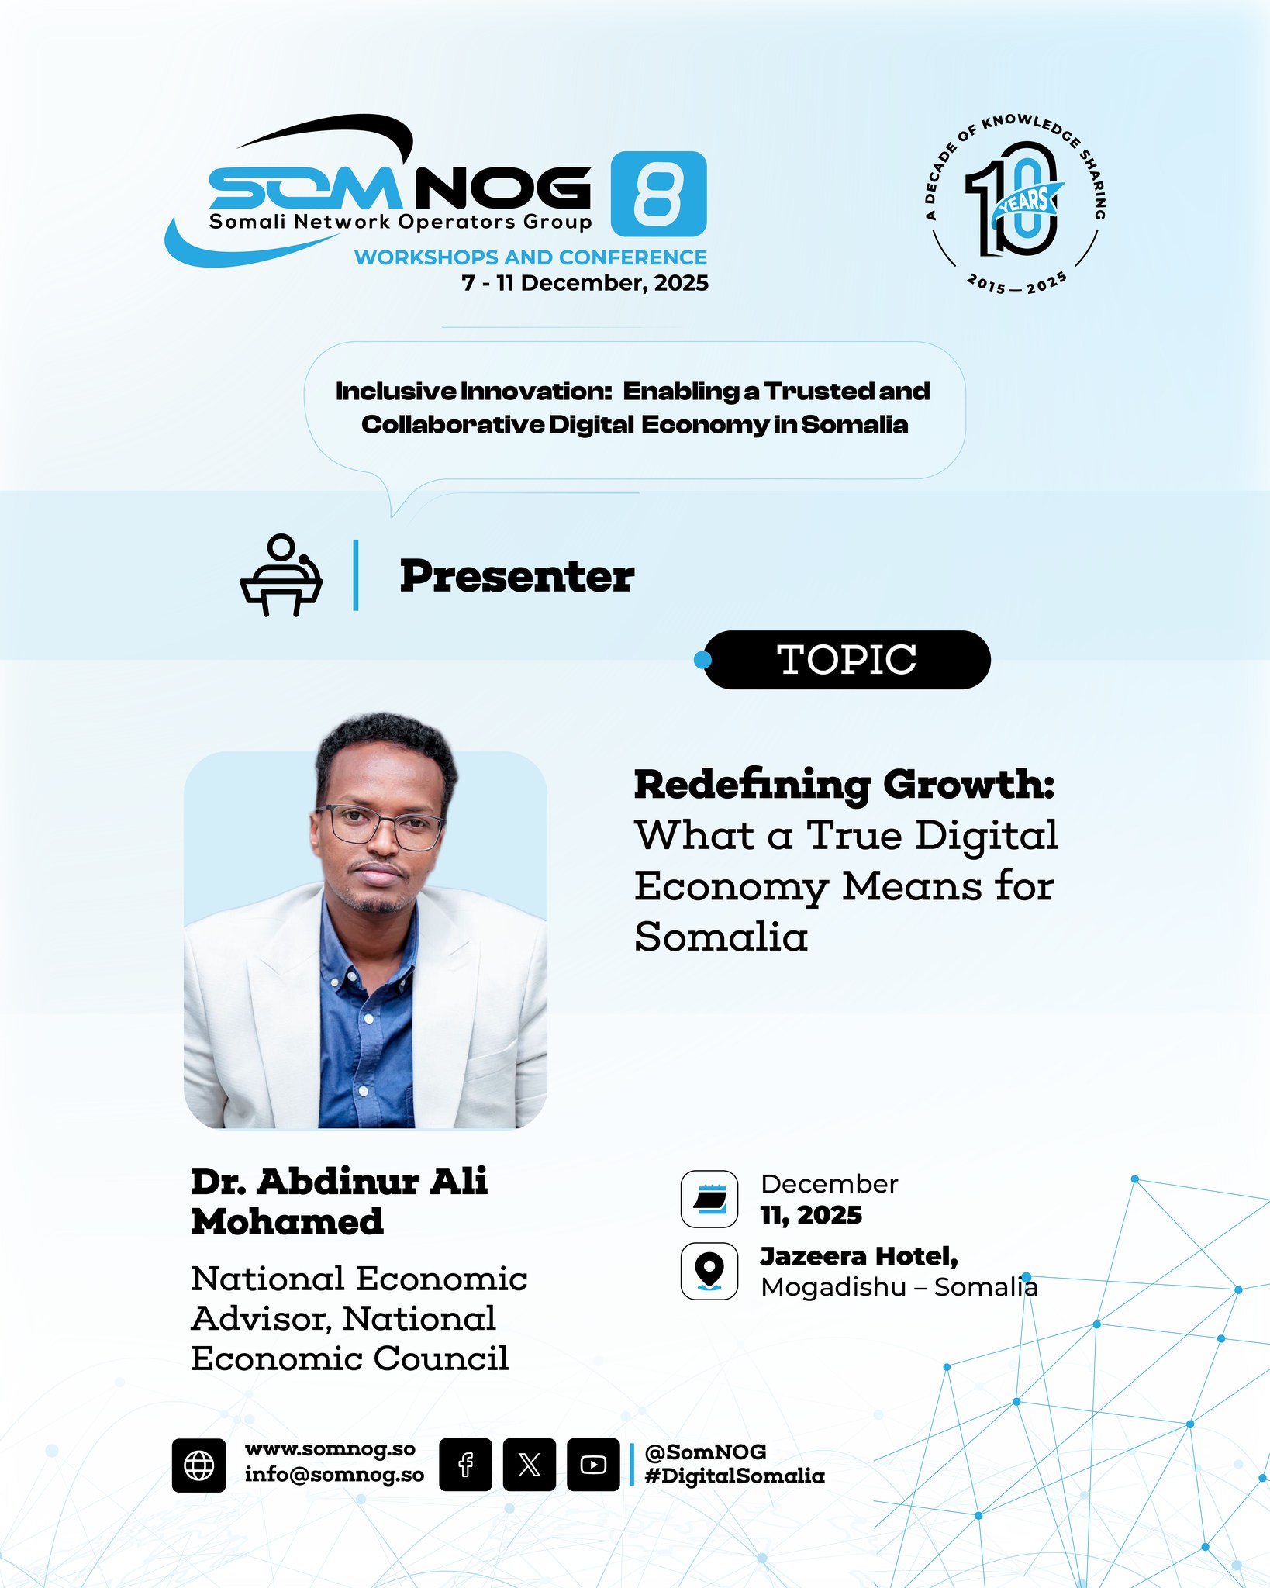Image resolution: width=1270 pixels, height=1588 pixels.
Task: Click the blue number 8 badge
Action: coord(658,194)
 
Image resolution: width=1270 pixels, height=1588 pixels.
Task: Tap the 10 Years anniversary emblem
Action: coord(1015,205)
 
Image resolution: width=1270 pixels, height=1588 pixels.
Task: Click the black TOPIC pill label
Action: coord(847,660)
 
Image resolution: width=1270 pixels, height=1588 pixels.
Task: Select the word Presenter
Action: coord(517,576)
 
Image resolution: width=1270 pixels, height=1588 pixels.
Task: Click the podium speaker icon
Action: coord(281,575)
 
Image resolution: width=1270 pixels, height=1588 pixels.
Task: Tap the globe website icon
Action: coord(199,1465)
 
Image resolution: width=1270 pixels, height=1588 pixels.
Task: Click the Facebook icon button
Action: coord(465,1465)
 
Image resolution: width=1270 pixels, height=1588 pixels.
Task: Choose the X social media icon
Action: coord(530,1465)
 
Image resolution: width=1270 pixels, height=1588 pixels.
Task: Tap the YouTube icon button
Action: coord(593,1465)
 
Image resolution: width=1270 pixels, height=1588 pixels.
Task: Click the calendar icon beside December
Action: coord(709,1200)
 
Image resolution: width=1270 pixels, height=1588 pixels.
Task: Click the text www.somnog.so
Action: coord(330,1449)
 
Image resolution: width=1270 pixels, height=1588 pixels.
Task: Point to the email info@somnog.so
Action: coord(335,1475)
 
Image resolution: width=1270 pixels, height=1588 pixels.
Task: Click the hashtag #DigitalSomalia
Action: coord(735,1476)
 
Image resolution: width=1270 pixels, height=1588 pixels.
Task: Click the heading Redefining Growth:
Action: coord(845,785)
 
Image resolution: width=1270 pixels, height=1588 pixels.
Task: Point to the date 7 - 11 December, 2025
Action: coord(585,283)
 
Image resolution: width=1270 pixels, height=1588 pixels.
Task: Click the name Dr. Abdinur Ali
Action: coord(339,1182)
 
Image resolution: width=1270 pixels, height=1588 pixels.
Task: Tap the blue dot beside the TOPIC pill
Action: coord(702,660)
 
